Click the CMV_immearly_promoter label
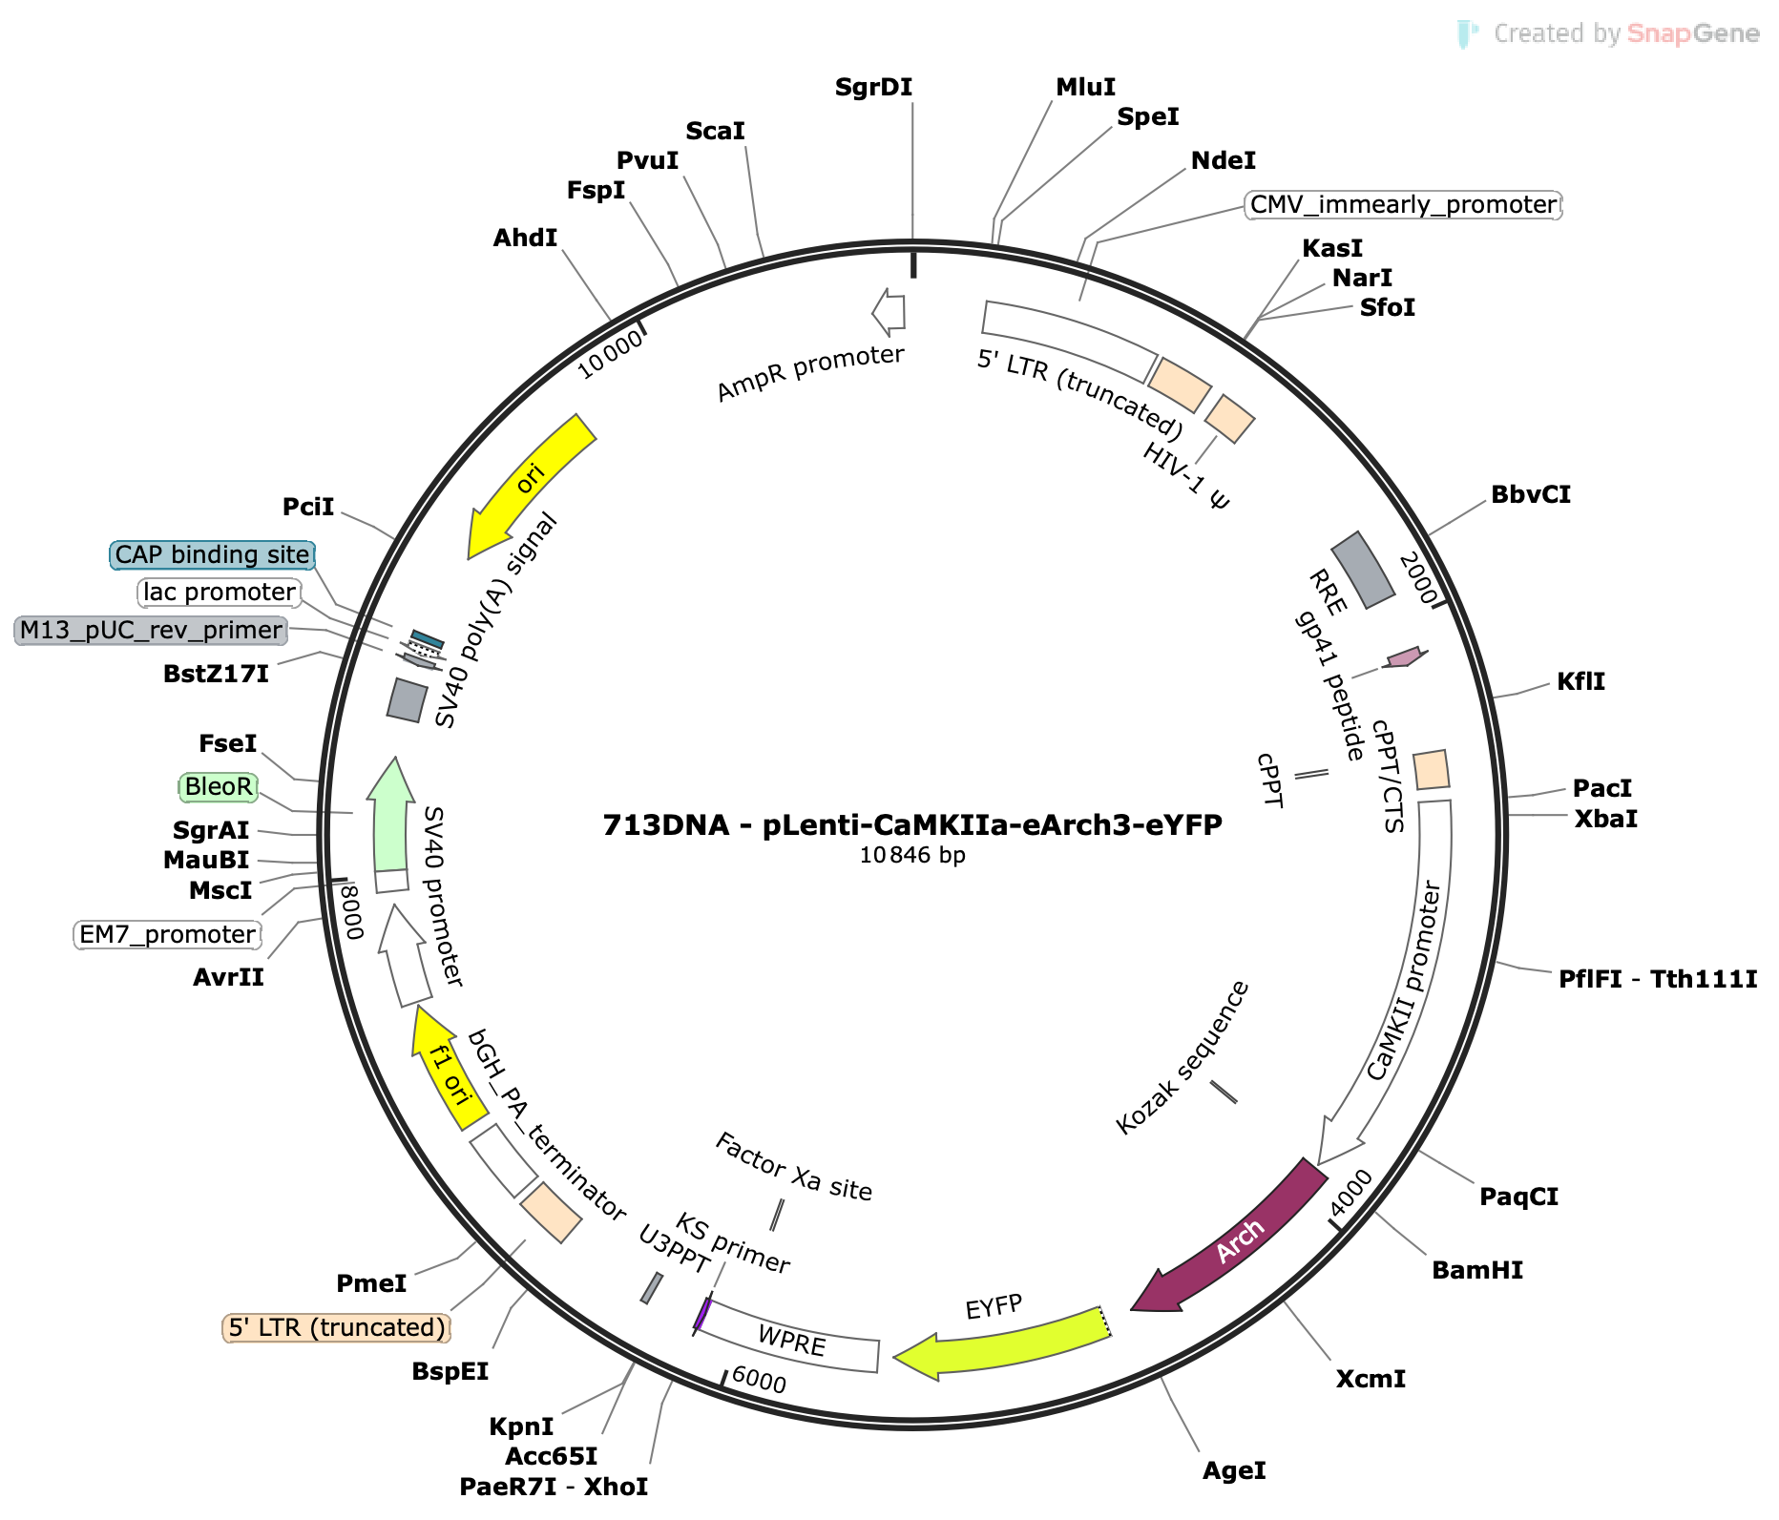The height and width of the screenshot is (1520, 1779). (1403, 205)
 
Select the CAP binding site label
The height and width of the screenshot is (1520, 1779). (212, 555)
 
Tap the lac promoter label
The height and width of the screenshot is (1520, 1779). (220, 593)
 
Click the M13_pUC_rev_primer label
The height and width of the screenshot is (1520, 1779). (151, 631)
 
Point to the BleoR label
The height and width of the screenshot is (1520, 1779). (219, 787)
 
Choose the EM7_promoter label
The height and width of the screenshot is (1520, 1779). (167, 935)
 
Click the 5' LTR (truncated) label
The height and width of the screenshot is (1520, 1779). (337, 1328)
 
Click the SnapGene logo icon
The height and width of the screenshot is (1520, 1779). (1467, 34)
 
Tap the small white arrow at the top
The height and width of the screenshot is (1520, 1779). (889, 312)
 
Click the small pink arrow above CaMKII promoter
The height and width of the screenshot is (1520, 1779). (1405, 656)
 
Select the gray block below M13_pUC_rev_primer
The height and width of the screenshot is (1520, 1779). (408, 700)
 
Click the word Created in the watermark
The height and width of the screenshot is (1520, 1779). (1538, 34)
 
